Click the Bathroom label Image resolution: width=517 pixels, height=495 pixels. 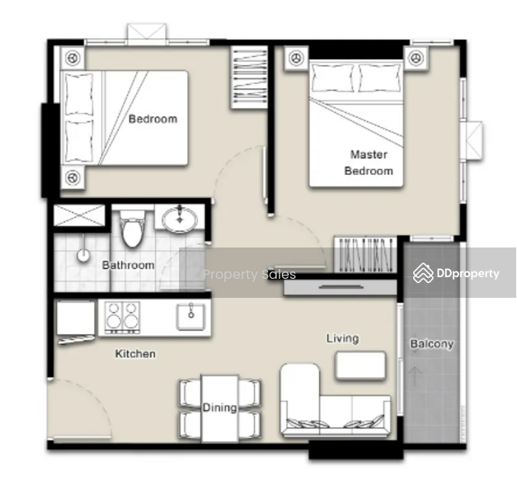pyautogui.click(x=128, y=265)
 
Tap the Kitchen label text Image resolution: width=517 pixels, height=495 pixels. pyautogui.click(x=135, y=354)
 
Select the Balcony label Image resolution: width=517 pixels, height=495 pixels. pyautogui.click(x=432, y=344)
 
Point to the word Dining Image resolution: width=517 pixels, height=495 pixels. pyautogui.click(x=219, y=408)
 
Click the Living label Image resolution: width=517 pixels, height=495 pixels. pyautogui.click(x=342, y=338)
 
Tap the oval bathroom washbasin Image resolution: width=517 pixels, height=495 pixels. pyautogui.click(x=180, y=219)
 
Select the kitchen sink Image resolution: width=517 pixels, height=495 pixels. pyautogui.click(x=191, y=317)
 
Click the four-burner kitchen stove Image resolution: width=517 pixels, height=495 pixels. pyautogui.click(x=122, y=317)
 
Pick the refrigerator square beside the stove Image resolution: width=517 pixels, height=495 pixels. pyautogui.click(x=76, y=318)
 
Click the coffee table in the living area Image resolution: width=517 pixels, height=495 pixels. pyautogui.click(x=360, y=365)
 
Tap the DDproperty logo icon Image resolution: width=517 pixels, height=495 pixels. pyautogui.click(x=423, y=273)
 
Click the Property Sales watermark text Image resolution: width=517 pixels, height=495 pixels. pyautogui.click(x=249, y=274)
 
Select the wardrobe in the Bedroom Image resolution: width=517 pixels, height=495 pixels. pyautogui.click(x=249, y=78)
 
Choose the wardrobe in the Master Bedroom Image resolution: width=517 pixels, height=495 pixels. pyautogui.click(x=365, y=254)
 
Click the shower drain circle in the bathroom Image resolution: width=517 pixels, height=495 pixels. pyautogui.click(x=84, y=255)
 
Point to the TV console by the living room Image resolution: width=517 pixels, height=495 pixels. pyautogui.click(x=341, y=287)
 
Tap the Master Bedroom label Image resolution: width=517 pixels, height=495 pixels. pyautogui.click(x=369, y=163)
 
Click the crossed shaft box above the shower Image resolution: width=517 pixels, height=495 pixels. pyautogui.click(x=79, y=215)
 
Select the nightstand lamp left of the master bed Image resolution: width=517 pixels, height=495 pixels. pyautogui.click(x=296, y=59)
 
